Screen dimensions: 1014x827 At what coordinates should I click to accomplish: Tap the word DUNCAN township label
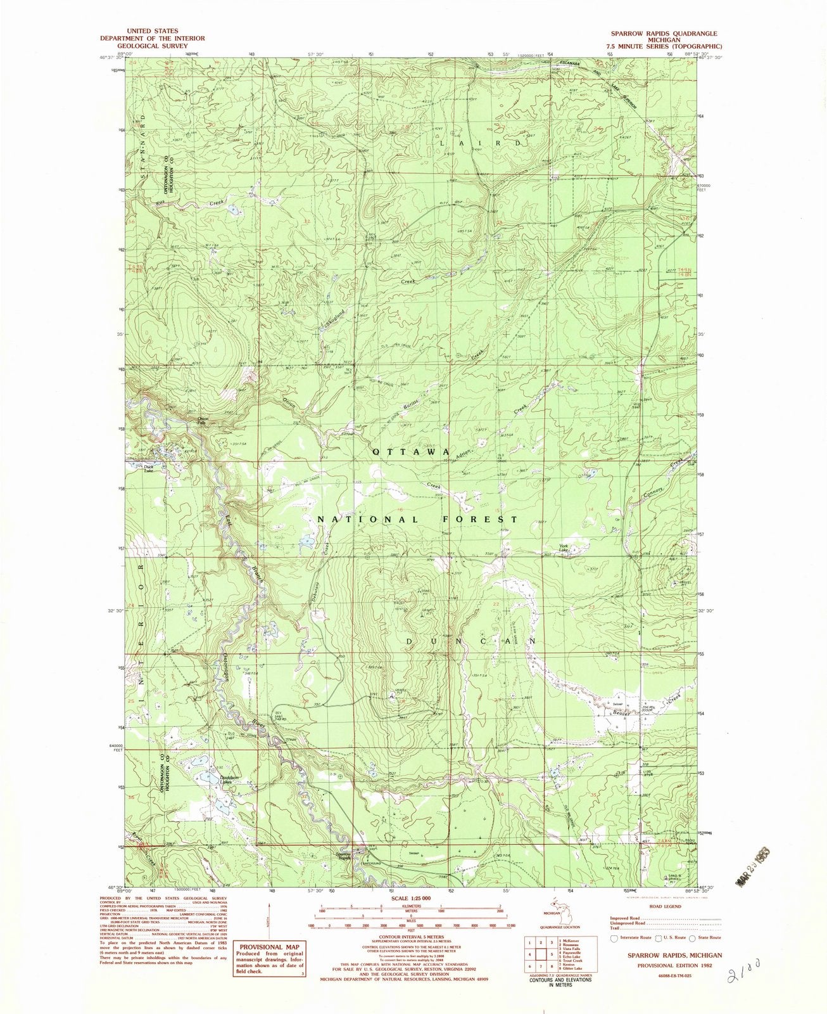470,641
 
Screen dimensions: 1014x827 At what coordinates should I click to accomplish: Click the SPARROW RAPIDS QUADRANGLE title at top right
662,32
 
